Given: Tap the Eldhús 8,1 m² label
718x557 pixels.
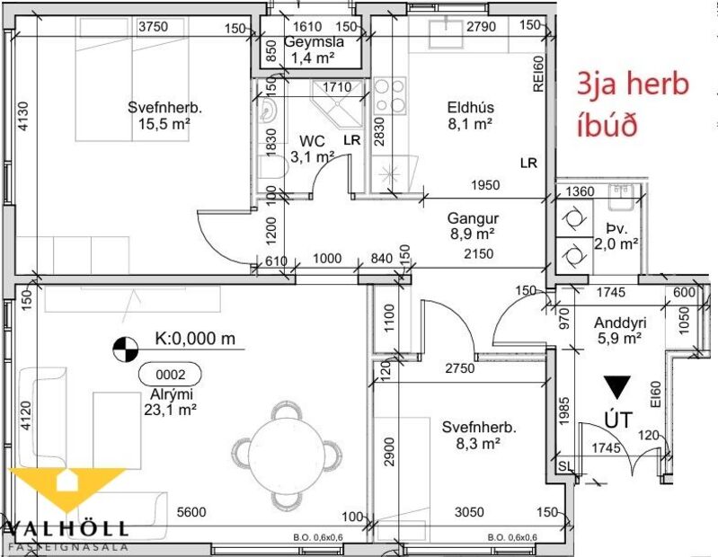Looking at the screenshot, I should [x=470, y=116].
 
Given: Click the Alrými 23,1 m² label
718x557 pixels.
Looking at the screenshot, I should [x=167, y=402].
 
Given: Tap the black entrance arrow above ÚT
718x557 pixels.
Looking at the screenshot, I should [x=616, y=387].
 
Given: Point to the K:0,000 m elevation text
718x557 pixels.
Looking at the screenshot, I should [x=194, y=340].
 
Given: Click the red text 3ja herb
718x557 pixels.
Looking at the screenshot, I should [x=631, y=85].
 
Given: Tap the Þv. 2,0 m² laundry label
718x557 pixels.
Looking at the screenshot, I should [x=616, y=234].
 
